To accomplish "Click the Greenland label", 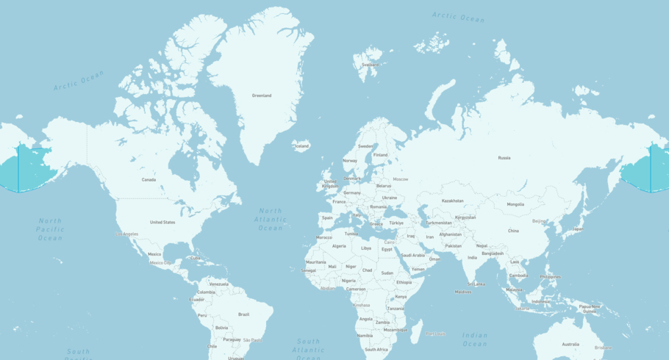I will [x=262, y=96].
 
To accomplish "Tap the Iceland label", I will [x=302, y=146].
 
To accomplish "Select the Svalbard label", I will [x=371, y=65].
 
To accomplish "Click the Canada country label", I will [x=149, y=179].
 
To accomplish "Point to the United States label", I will [x=162, y=222].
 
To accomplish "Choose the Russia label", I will [x=504, y=158].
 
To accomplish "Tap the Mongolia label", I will [x=515, y=204].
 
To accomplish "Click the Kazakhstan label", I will [x=453, y=201].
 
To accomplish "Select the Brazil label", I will [x=243, y=314].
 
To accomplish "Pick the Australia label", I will [x=570, y=344].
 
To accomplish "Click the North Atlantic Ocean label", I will [x=271, y=220].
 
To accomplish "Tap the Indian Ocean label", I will [x=475, y=339].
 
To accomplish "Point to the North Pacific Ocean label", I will [x=51, y=229].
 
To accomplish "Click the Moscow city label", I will [x=400, y=179].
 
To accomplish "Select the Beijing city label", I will [x=540, y=220].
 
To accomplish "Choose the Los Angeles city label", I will [x=126, y=234].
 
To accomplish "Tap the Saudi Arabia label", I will [x=412, y=256].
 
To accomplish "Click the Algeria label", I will [x=339, y=246].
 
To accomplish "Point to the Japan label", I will [x=578, y=228].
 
